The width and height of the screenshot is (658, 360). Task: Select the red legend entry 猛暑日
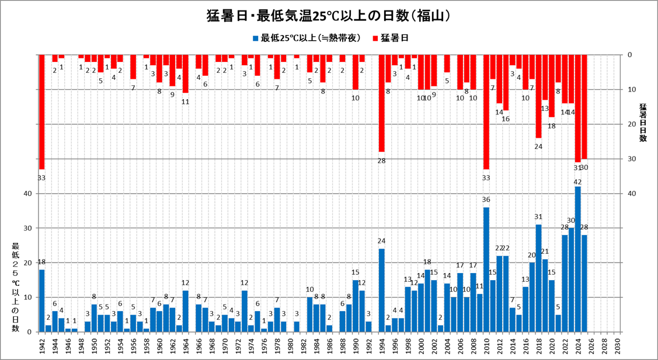click(389, 39)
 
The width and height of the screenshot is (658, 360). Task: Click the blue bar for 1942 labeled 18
click(42, 301)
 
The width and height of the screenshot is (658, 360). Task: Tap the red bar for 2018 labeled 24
click(538, 96)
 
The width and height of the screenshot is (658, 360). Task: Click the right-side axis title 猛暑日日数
click(643, 123)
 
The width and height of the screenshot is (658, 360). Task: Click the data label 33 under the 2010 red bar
click(486, 177)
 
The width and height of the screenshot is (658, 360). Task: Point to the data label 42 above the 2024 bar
click(578, 182)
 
